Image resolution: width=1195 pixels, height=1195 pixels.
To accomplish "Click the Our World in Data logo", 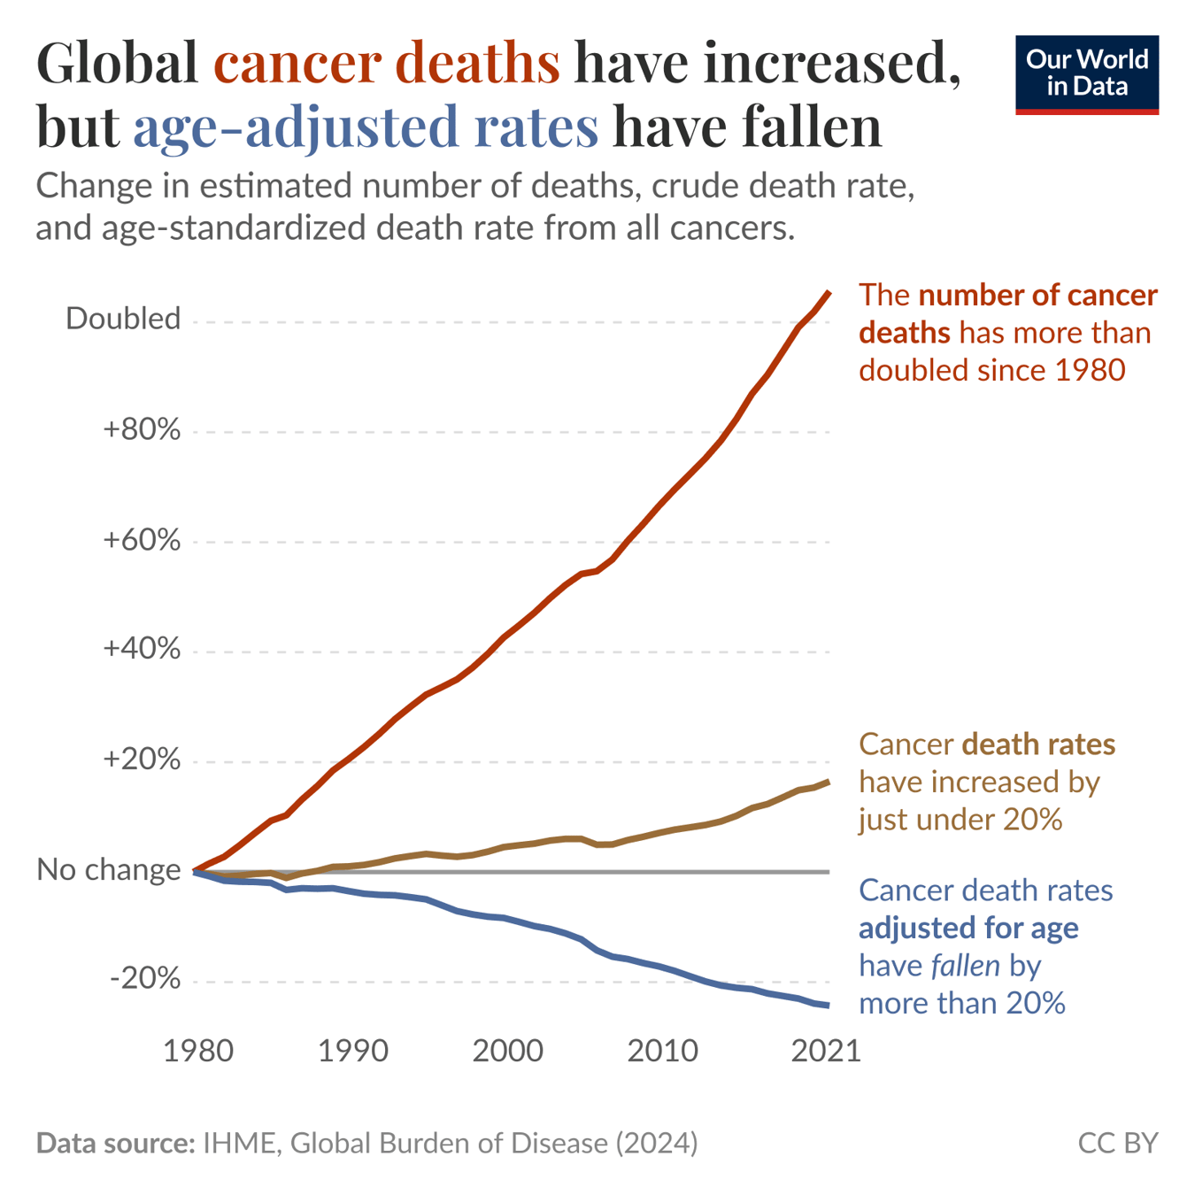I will click(1086, 74).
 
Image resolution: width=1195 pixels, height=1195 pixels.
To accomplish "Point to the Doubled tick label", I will click(123, 319).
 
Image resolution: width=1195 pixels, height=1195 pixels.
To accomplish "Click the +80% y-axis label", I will click(142, 430).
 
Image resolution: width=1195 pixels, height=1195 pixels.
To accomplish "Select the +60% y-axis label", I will click(142, 540).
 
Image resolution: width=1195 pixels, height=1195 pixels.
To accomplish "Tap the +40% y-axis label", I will click(142, 650).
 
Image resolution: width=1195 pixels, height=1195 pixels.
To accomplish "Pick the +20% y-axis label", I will click(142, 759).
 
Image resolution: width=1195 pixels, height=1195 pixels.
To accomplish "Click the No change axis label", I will click(109, 870).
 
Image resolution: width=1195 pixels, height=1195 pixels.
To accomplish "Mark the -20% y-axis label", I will click(145, 979).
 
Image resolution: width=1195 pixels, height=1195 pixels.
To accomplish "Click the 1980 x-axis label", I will click(198, 1051).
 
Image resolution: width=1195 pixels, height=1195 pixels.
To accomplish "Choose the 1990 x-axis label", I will click(352, 1051).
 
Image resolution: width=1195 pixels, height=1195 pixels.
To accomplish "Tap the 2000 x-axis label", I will click(507, 1051).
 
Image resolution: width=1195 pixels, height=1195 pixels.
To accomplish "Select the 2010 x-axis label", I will click(662, 1051).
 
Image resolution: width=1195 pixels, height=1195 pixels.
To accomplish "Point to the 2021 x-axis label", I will click(825, 1051).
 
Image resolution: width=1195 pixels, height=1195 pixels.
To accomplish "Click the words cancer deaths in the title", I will click(387, 64).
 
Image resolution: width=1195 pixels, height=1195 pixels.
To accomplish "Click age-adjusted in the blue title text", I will click(296, 127).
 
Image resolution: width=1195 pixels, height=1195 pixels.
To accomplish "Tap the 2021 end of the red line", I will click(829, 293).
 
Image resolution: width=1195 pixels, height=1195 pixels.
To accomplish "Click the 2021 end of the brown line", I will click(829, 782).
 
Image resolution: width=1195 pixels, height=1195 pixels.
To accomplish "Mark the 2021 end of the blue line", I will click(829, 1005).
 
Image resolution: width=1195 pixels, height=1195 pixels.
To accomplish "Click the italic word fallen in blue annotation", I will click(966, 966).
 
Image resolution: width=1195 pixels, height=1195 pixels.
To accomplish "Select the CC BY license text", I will click(1117, 1143).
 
